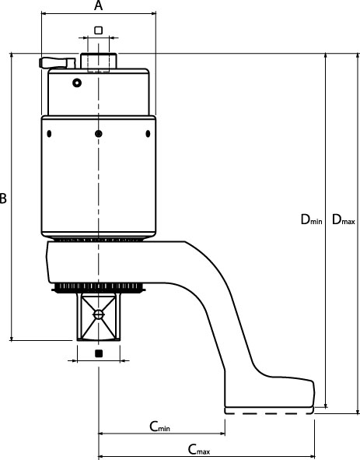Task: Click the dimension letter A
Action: coord(99,5)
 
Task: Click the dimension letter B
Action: coord(3,198)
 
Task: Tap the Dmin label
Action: coord(311,219)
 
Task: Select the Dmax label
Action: coord(344,219)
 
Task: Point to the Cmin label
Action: coord(159,427)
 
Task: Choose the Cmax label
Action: coord(199,449)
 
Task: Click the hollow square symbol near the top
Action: coord(99,30)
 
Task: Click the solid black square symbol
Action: coord(99,353)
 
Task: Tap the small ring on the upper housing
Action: coord(77,83)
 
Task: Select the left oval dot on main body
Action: coord(49,134)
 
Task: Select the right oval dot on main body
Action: coord(148,134)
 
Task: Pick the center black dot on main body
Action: coord(99,134)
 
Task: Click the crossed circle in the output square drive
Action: coord(99,314)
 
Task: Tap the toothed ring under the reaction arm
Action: coord(99,287)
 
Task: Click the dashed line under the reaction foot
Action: coord(269,413)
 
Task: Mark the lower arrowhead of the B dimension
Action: coord(12,338)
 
